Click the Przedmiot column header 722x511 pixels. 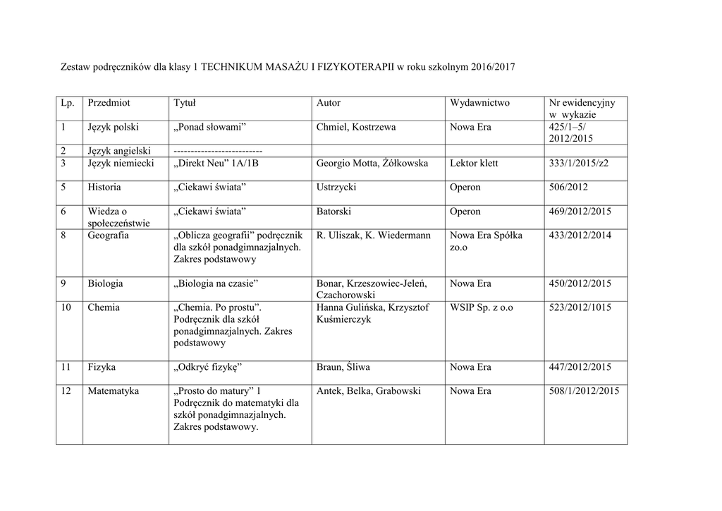(x=109, y=103)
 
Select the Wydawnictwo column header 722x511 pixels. (x=479, y=103)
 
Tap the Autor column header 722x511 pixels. (x=329, y=103)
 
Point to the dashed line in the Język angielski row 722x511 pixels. (x=218, y=151)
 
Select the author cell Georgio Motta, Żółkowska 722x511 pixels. (x=372, y=163)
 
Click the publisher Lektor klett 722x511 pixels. (x=474, y=163)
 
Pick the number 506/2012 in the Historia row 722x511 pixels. (x=568, y=187)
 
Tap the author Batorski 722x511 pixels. (x=334, y=211)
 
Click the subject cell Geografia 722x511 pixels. (x=109, y=235)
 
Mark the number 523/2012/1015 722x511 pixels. (x=580, y=307)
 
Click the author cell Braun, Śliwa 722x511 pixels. (x=343, y=367)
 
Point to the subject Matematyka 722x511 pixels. (x=113, y=391)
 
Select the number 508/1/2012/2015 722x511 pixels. (x=584, y=391)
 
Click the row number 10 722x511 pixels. (x=66, y=307)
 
